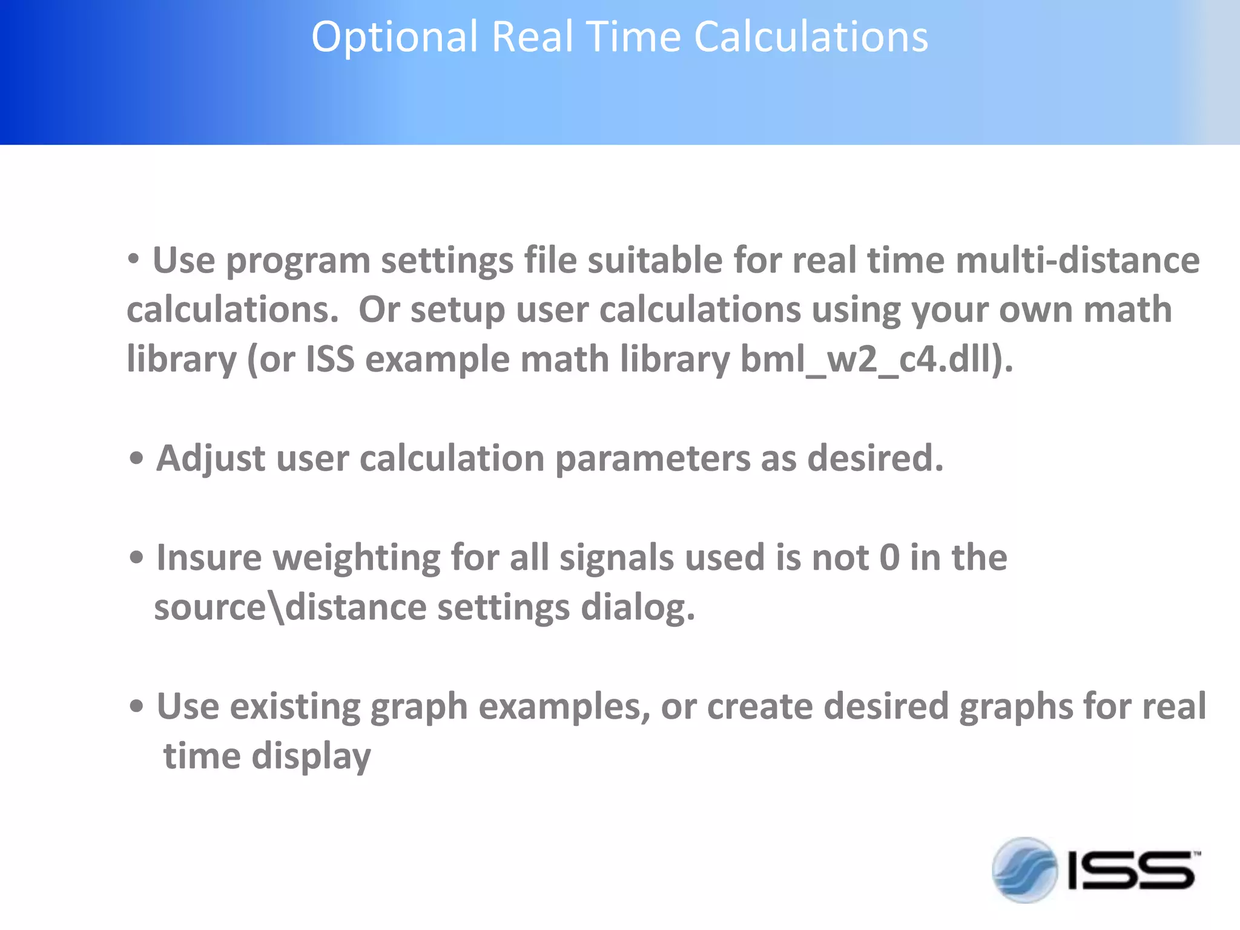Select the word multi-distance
1077,261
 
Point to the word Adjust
210,459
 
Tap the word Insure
208,558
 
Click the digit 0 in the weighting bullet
889,558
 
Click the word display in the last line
311,757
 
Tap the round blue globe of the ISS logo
1024,869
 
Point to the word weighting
357,558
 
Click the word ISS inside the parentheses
330,360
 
